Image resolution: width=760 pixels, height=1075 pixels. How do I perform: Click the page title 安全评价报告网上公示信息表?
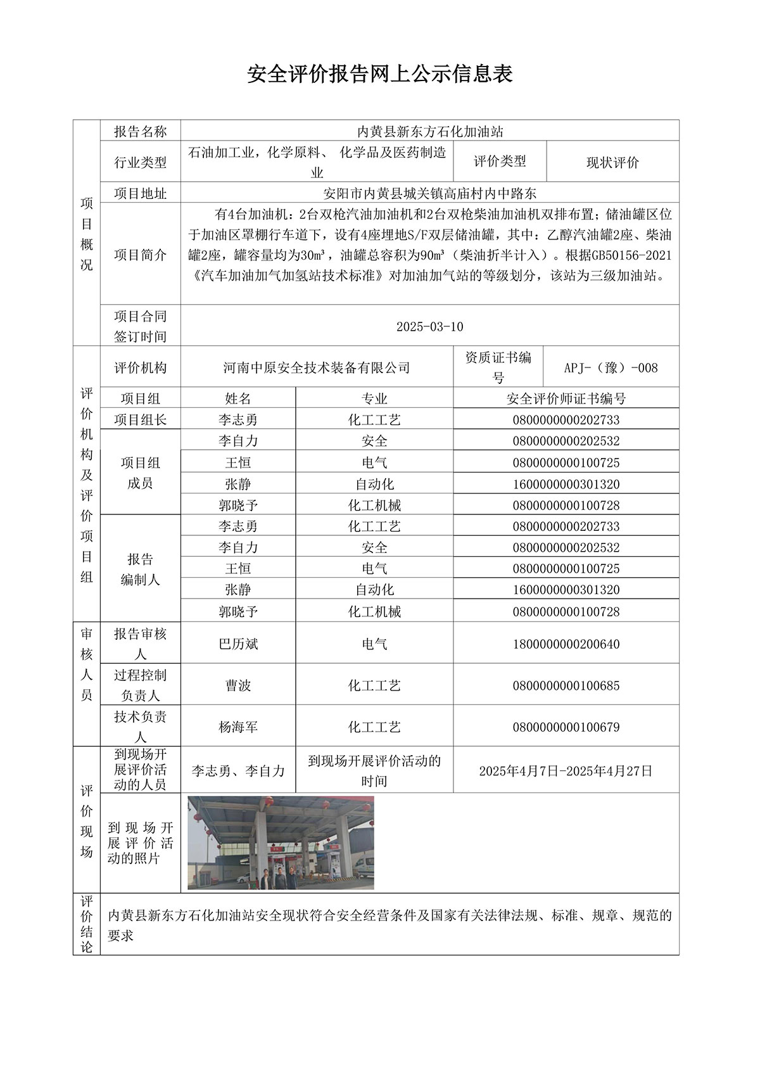point(379,74)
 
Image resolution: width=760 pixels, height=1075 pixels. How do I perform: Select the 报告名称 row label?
point(140,131)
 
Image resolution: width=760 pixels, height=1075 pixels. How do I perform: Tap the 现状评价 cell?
point(612,162)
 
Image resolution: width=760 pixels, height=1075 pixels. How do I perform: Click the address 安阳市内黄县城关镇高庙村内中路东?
point(429,193)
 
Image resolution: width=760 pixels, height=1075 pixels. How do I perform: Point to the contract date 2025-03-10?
point(429,327)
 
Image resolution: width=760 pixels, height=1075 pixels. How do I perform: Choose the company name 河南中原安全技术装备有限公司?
point(317,367)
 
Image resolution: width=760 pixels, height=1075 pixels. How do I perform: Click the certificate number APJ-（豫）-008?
point(611,367)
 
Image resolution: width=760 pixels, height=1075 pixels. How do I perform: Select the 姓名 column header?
point(238,398)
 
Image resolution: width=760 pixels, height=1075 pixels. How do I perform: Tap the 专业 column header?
point(374,398)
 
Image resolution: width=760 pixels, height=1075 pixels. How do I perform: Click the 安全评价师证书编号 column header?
point(566,398)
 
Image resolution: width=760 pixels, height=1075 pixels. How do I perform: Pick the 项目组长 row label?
point(140,419)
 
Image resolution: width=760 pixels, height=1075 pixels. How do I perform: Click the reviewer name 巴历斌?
point(238,644)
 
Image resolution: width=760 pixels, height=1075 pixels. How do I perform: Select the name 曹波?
point(238,685)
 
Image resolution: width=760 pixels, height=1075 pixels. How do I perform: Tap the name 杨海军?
point(238,727)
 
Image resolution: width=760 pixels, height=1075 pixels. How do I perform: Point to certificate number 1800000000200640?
point(566,644)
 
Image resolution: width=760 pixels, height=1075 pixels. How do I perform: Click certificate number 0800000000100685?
point(566,685)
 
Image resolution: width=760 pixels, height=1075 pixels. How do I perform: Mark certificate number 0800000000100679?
point(566,727)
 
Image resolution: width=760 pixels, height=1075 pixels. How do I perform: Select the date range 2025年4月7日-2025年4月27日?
point(566,771)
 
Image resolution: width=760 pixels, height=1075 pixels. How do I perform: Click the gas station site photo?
point(281,843)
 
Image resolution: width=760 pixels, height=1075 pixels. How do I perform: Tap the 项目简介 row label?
point(140,255)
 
